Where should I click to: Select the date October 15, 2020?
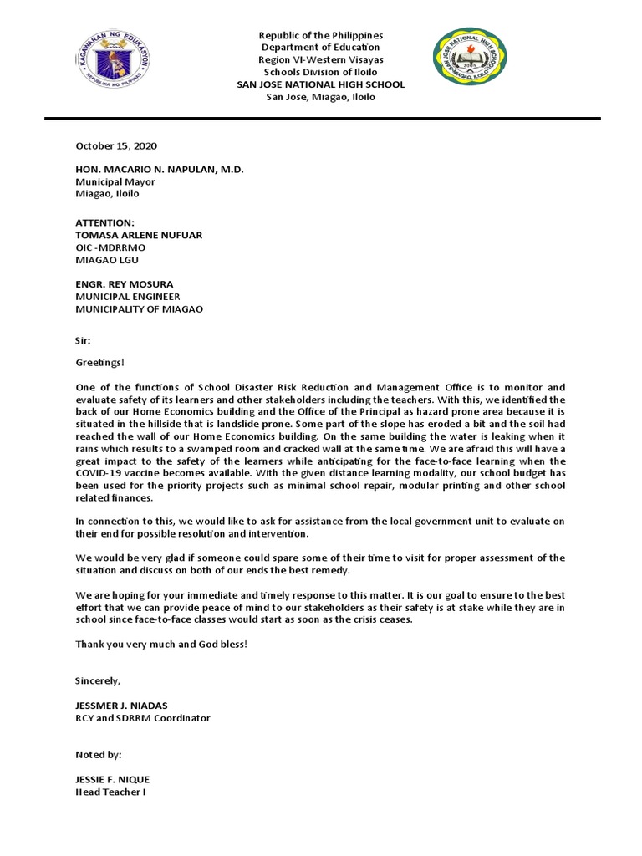(116, 145)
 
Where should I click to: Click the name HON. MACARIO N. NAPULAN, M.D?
(160, 169)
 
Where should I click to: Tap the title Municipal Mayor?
(115, 181)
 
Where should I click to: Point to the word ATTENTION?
(104, 223)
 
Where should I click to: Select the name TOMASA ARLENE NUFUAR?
(138, 236)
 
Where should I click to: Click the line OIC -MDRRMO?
(110, 247)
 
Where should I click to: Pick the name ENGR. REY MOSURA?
(124, 284)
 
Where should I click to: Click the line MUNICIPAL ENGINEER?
(128, 297)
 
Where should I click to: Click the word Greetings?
(99, 364)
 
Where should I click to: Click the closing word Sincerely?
(98, 680)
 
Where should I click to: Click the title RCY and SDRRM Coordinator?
(143, 718)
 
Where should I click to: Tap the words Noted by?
(99, 754)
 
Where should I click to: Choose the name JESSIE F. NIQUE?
(113, 779)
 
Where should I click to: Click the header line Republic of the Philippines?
(321, 36)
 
